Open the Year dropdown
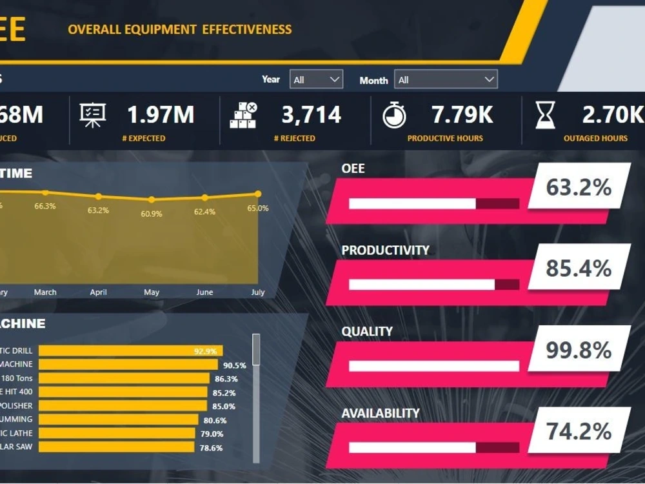coord(316,80)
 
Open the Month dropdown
coord(445,80)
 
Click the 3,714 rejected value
coord(311,115)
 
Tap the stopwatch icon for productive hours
coord(394,116)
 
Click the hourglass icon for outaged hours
coord(545,116)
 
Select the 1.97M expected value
coord(161,115)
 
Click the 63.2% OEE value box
coord(579,187)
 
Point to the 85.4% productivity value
coord(579,267)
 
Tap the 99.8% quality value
coord(579,350)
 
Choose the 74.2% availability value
coord(579,430)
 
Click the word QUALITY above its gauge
coord(367,332)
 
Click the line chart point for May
coord(152,200)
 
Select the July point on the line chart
coord(258,194)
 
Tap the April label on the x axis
coord(98,292)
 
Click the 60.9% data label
coord(152,214)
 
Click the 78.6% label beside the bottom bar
coord(212,447)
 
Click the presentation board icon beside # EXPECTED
coord(92,115)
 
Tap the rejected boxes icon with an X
coord(243,116)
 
